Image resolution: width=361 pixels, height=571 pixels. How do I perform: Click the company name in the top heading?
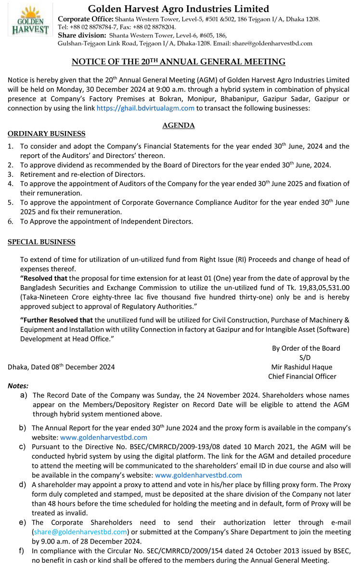[179, 9]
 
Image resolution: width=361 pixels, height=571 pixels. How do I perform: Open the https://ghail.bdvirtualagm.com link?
[145, 108]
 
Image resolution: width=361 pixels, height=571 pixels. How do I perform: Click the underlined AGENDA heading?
[179, 125]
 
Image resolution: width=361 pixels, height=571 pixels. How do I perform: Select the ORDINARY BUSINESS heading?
[47, 133]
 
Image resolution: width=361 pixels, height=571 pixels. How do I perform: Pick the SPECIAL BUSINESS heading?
[41, 242]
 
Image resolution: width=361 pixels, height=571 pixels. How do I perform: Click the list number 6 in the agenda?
[11, 222]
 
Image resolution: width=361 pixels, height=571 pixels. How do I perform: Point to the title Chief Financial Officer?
[302, 376]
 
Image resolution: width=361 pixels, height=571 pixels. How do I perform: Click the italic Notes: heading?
[18, 385]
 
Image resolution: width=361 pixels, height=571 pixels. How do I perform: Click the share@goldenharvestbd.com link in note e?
[80, 531]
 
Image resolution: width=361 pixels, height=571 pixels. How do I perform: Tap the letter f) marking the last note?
[22, 551]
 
